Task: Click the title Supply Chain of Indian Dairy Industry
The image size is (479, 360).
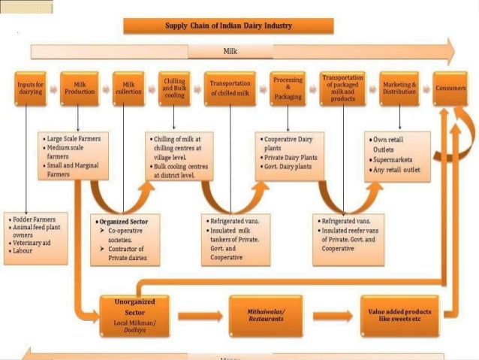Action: click(x=217, y=26)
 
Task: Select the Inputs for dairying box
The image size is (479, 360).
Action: click(x=30, y=87)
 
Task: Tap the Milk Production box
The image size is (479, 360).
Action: click(x=80, y=87)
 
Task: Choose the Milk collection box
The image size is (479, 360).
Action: click(x=127, y=87)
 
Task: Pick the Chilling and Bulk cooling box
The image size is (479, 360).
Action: click(x=174, y=87)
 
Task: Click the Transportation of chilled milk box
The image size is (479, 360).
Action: click(x=230, y=87)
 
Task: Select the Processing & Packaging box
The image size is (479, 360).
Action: click(x=288, y=87)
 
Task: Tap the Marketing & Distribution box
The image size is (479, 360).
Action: click(x=399, y=87)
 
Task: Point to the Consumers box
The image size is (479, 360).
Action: click(x=450, y=88)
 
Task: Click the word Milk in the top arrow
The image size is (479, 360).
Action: click(x=230, y=52)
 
